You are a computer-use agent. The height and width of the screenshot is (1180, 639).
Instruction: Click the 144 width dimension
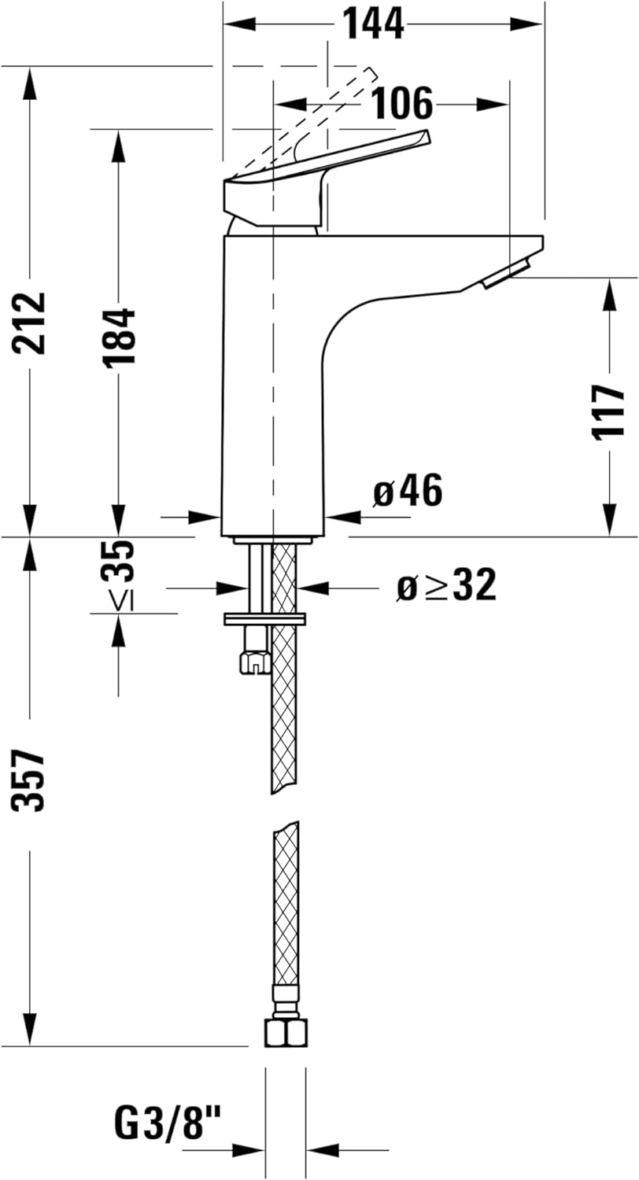(373, 24)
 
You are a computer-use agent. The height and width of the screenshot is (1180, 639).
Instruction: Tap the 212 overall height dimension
(31, 323)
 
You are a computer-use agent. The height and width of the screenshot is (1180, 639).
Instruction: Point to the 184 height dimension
(120, 336)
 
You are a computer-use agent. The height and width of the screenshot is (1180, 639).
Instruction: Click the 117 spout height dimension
(610, 411)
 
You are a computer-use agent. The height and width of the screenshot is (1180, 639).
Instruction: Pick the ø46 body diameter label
(408, 492)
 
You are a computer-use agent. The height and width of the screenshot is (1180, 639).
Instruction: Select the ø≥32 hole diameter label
(446, 586)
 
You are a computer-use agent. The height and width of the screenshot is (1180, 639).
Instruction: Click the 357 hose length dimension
(31, 780)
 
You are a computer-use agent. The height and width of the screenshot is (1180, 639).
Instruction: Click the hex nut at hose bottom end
(285, 1032)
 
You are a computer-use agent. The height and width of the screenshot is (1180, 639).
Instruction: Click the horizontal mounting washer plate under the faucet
(264, 619)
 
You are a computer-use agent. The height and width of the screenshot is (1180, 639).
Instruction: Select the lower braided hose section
(286, 905)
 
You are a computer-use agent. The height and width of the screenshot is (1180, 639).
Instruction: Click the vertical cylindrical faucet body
(271, 393)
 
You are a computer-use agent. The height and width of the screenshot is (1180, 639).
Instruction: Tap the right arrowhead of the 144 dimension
(527, 24)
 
